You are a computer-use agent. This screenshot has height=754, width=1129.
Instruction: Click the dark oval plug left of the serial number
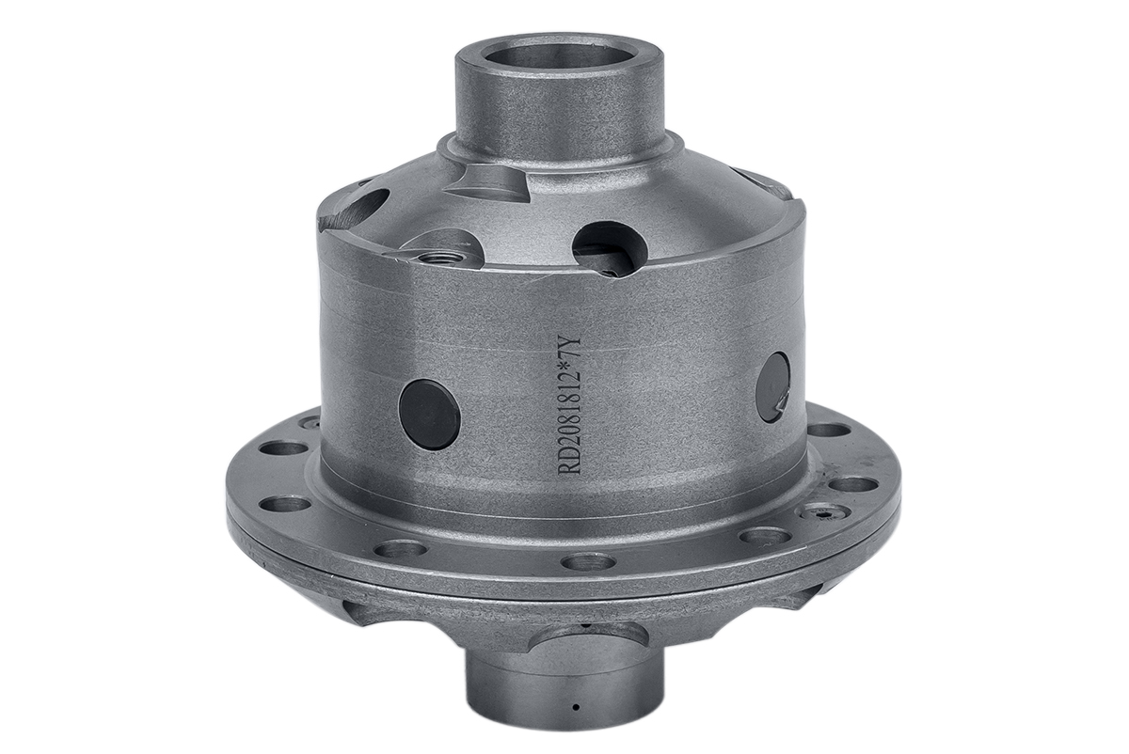tap(429, 415)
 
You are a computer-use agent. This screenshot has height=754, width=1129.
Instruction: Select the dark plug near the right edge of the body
tap(773, 386)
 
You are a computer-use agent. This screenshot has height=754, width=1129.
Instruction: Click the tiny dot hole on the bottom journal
tap(576, 707)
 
